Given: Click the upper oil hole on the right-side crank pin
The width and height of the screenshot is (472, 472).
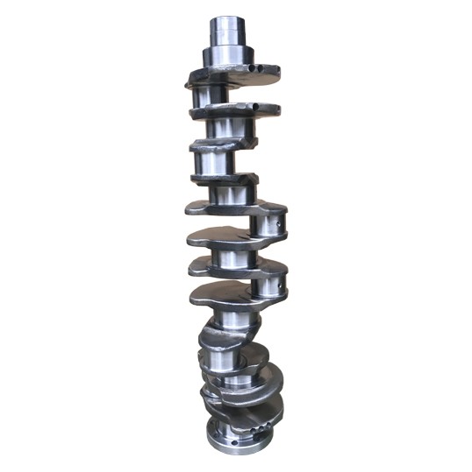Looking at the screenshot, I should click(279, 229).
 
